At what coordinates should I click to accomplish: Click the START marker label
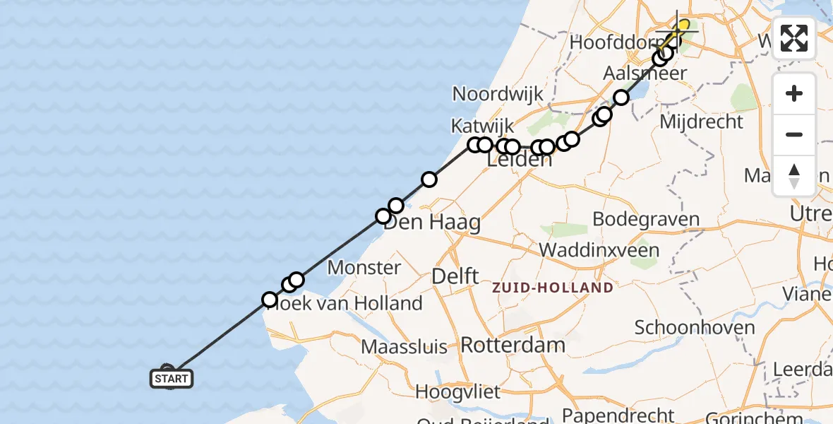tap(172, 379)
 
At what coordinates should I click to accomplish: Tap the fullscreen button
tap(794, 38)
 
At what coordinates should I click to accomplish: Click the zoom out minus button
tap(794, 134)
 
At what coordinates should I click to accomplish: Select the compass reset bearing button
tap(794, 175)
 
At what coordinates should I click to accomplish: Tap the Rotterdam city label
tap(513, 346)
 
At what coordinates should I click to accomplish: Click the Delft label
tap(455, 276)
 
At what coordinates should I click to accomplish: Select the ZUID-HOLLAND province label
tap(553, 288)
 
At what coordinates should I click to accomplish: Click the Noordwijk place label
tap(498, 94)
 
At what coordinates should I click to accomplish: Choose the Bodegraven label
tap(646, 218)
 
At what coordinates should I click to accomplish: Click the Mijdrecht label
tap(701, 122)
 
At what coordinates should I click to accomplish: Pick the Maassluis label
tap(404, 347)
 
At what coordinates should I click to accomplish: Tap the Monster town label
tap(364, 267)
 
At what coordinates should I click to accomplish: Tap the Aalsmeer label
tap(645, 73)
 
